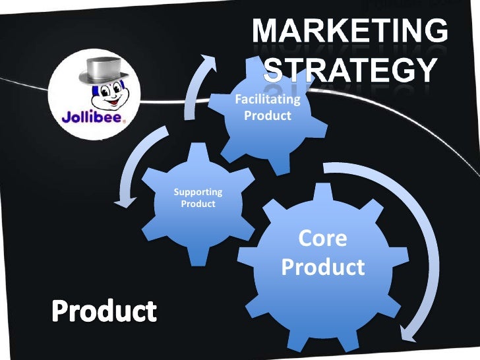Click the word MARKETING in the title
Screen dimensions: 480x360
click(350, 31)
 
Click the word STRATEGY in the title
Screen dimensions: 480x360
click(350, 69)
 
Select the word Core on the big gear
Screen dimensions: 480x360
click(322, 238)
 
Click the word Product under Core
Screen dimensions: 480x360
click(322, 267)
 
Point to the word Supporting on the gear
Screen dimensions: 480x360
click(198, 192)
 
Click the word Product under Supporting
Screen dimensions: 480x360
click(198, 204)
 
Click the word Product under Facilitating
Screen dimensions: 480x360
click(267, 116)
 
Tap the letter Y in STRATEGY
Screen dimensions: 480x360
click(426, 69)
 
